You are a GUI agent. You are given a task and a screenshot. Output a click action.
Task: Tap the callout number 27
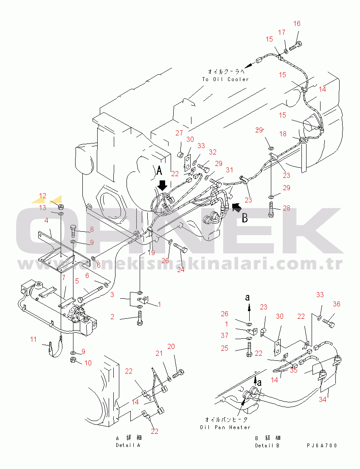[179, 133]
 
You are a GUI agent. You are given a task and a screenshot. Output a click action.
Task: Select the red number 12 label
[43, 196]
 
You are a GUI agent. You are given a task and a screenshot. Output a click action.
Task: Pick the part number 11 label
[34, 339]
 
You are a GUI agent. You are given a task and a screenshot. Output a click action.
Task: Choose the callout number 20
[171, 346]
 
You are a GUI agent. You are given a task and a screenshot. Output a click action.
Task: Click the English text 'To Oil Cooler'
[225, 79]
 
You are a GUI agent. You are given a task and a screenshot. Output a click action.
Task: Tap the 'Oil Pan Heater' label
[225, 427]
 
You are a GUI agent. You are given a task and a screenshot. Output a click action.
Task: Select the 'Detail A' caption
[128, 445]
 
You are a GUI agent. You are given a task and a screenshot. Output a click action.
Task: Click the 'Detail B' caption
[267, 446]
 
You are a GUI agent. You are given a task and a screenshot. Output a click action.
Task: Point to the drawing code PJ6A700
[322, 446]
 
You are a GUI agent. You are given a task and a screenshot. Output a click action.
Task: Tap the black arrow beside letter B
[237, 207]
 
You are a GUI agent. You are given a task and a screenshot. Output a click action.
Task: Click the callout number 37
[225, 336]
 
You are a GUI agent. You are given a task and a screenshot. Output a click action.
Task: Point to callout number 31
[230, 170]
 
